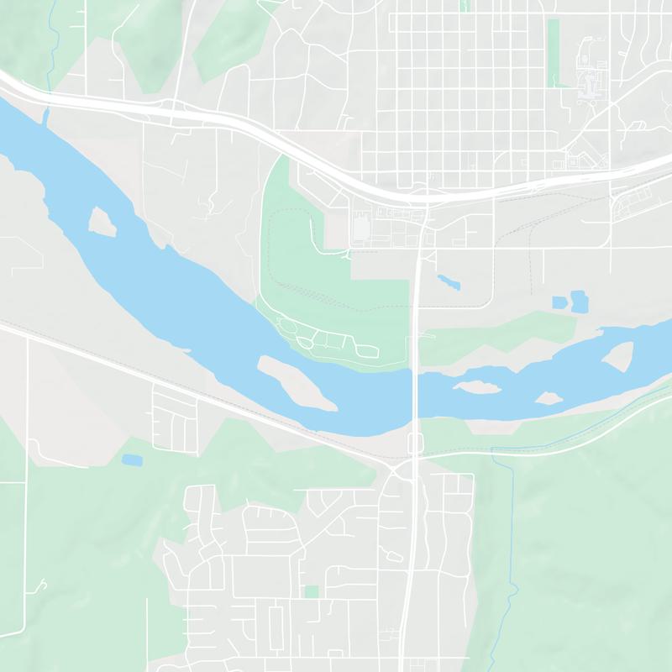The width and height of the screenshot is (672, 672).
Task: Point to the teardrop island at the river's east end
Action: (619, 356)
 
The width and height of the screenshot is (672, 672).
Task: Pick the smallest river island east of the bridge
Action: (550, 396)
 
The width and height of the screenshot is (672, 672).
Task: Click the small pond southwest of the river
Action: (132, 459)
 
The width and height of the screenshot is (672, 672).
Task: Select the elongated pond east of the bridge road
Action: (448, 281)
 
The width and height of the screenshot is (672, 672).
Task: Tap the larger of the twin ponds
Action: (579, 301)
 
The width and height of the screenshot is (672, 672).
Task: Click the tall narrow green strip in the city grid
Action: (553, 52)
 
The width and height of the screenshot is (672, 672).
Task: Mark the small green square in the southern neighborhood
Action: (312, 592)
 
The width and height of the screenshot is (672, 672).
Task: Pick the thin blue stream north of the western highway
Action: (52, 42)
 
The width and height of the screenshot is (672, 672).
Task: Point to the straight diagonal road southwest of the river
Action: (168, 379)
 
